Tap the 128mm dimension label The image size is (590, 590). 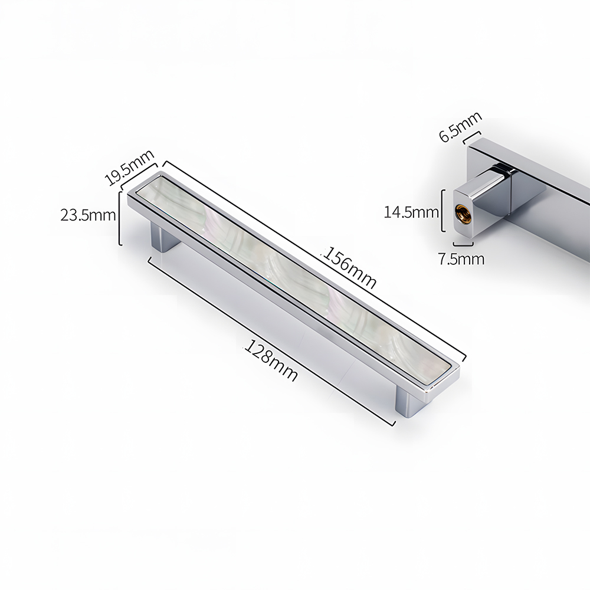click(x=271, y=360)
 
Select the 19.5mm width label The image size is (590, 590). click(x=129, y=168)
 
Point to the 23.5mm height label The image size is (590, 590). click(x=88, y=215)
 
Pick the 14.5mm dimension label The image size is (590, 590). click(x=411, y=212)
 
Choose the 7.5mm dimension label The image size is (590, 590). click(x=461, y=259)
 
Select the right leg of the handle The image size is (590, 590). click(x=409, y=403)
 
